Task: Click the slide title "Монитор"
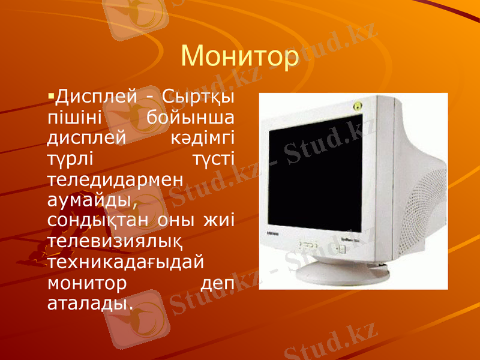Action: point(239,56)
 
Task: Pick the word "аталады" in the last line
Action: point(88,303)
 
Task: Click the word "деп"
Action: point(215,283)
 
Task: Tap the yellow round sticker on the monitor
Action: point(358,106)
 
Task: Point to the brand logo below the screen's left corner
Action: point(273,233)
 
